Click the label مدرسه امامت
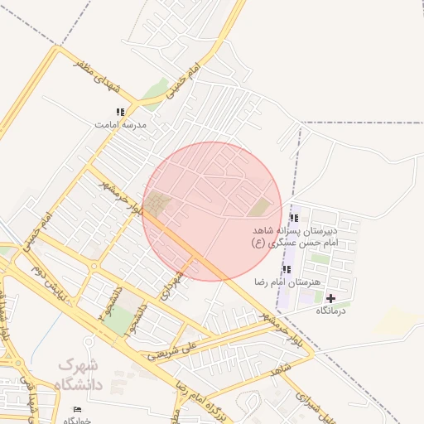120,124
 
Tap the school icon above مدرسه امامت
120,112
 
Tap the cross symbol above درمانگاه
331,298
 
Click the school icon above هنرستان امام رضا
287,270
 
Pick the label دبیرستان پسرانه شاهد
297,229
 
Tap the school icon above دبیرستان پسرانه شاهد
294,218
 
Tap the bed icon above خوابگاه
78,409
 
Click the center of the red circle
212,211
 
